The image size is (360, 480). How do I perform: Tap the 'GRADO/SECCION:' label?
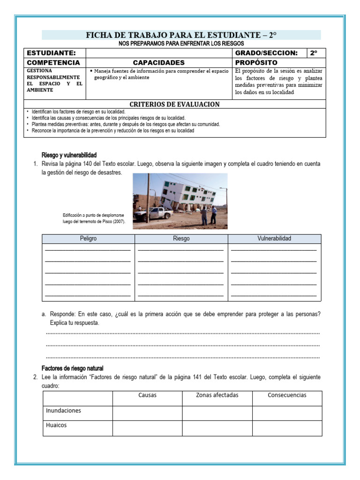tap(266, 53)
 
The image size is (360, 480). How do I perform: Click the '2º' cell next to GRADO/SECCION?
tap(314, 53)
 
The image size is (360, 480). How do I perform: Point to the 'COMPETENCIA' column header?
tap(53, 62)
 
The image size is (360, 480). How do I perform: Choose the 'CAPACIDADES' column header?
tap(159, 62)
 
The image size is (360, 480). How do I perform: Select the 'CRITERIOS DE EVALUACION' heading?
tap(174, 104)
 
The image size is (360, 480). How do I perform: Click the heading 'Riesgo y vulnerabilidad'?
tap(69, 155)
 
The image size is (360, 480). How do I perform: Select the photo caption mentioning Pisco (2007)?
tap(94, 218)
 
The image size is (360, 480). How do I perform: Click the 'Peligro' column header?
tap(88, 239)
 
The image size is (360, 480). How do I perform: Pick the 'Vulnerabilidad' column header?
tap(274, 239)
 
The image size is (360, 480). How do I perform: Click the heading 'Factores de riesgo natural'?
tap(72, 368)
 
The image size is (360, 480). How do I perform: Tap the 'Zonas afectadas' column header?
tap(217, 395)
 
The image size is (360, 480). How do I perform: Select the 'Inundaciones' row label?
tap(63, 411)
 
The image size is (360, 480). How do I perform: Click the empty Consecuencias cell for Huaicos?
tap(287, 427)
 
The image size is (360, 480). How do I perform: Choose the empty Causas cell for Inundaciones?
tap(147, 413)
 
